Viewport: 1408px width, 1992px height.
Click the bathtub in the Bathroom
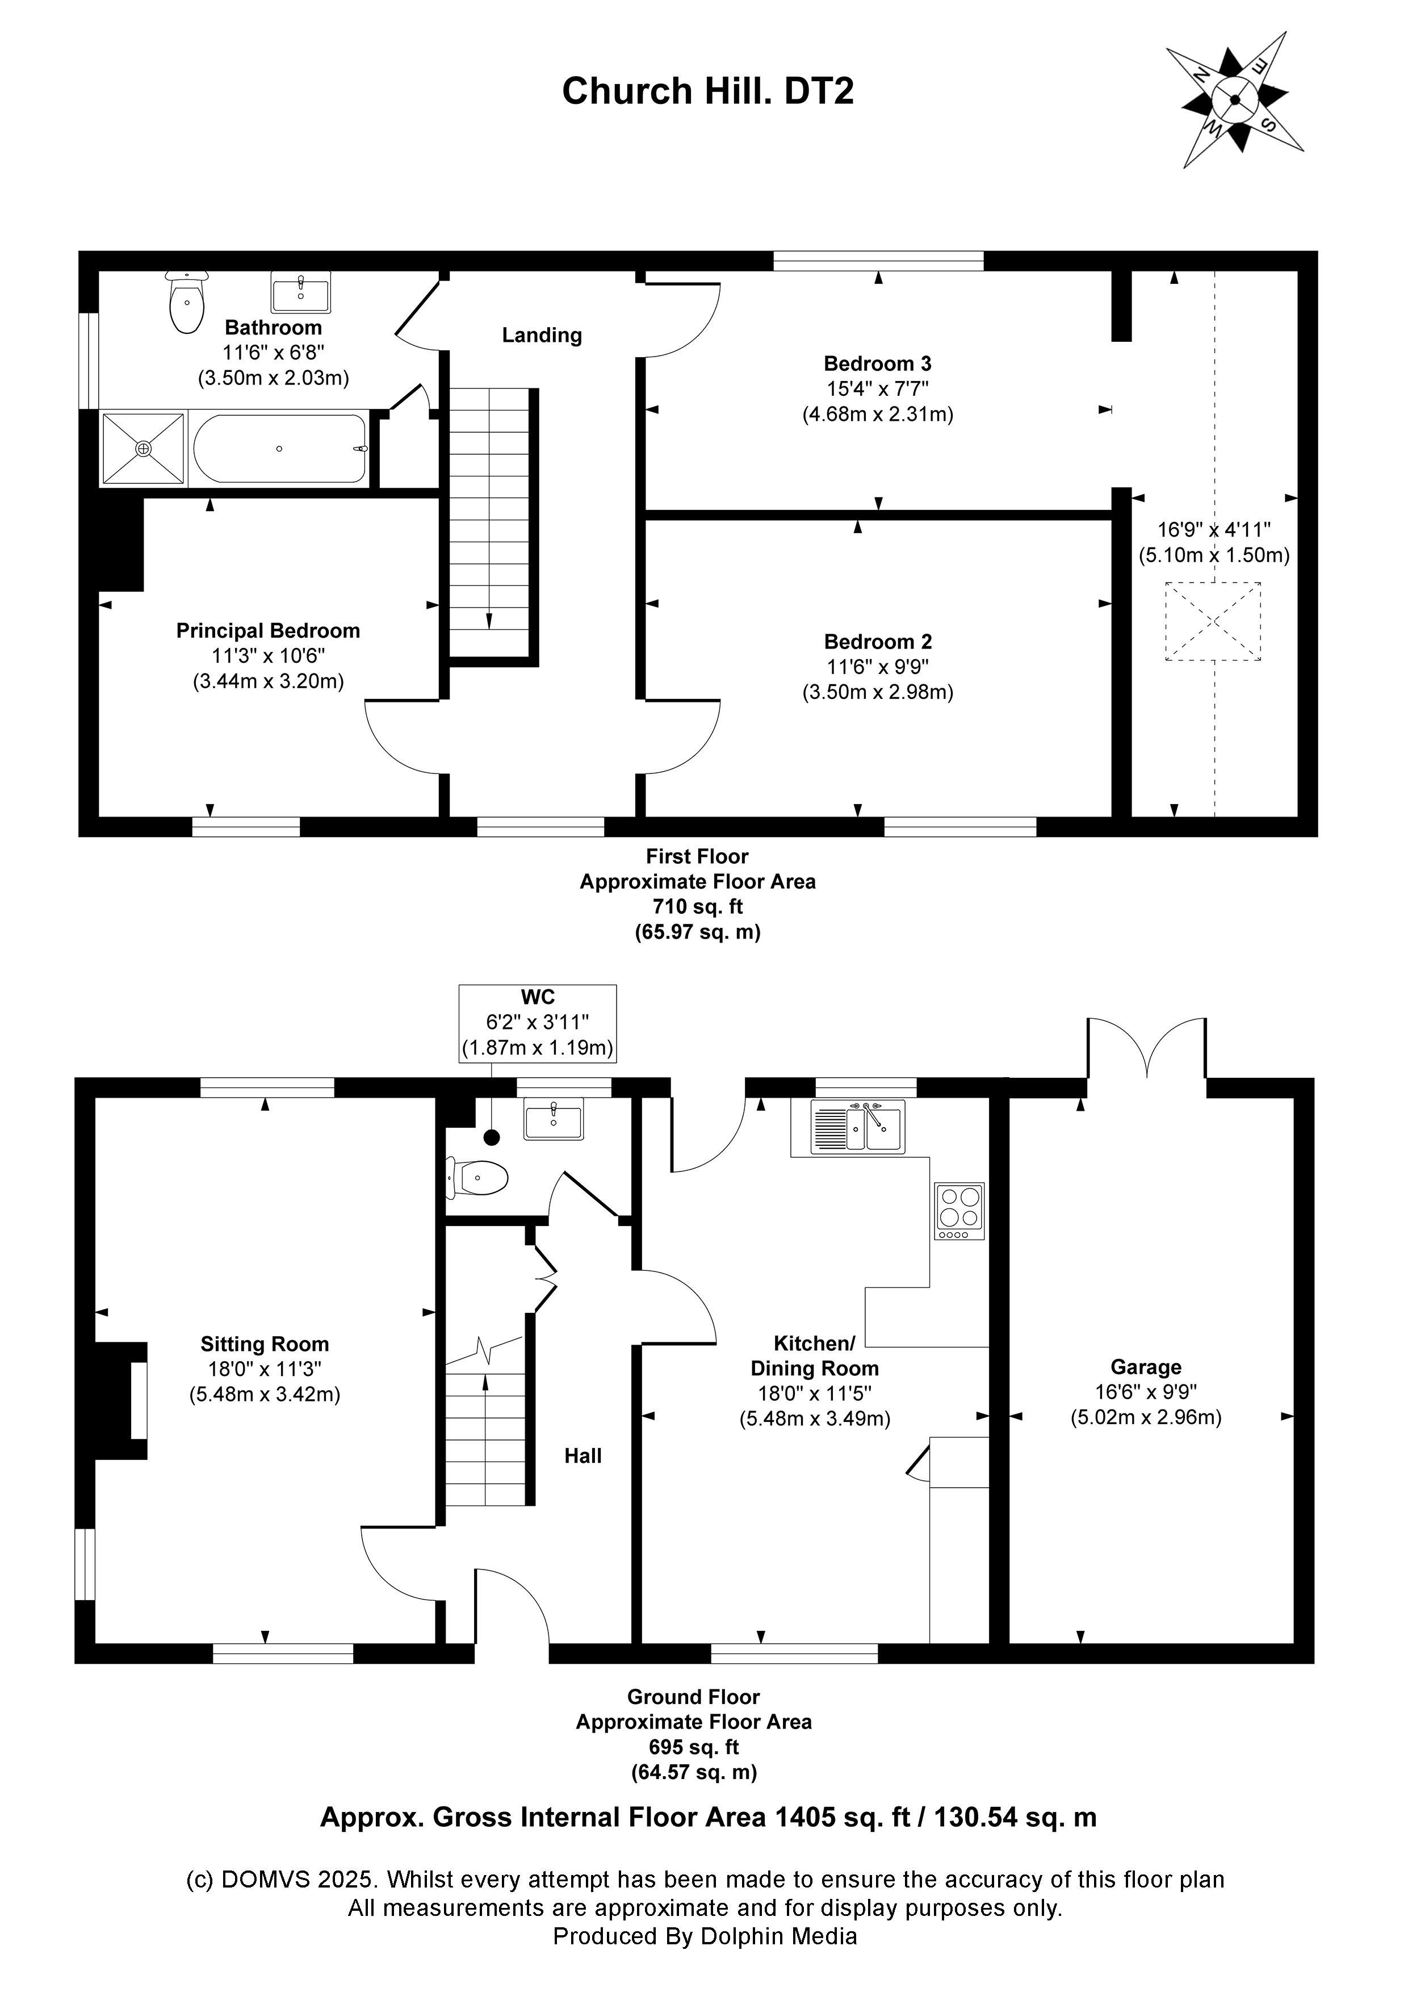click(279, 449)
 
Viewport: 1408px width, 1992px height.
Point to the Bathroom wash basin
click(300, 291)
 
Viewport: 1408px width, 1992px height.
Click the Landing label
click(541, 335)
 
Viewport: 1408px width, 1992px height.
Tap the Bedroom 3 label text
click(877, 363)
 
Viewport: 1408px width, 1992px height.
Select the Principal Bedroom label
click(267, 631)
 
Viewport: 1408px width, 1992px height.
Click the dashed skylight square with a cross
click(1213, 621)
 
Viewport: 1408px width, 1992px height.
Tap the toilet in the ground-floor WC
click(477, 1179)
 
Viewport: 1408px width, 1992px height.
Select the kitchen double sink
click(858, 1126)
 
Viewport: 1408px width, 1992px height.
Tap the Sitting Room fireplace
click(121, 1401)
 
